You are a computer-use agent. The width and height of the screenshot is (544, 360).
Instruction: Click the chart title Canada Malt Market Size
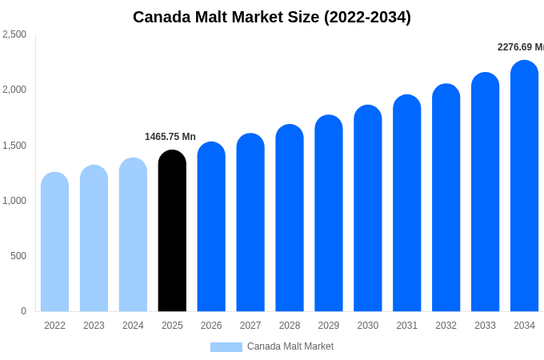coord(272,17)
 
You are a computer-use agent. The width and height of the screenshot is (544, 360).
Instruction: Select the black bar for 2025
coord(172,232)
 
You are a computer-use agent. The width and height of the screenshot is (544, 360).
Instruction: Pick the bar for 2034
coord(524,188)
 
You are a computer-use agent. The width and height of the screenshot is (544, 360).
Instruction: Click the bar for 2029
coord(328,214)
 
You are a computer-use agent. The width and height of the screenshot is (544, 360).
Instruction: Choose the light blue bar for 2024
coord(133,236)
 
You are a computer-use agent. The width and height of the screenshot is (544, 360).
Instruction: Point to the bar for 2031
coord(406,204)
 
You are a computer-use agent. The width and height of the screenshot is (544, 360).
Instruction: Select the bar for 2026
coord(211,228)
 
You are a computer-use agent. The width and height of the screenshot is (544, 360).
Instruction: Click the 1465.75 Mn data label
coord(170,137)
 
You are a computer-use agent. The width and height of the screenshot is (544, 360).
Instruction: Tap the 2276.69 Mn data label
coord(521,47)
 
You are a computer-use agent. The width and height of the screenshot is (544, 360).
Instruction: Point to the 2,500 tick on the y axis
coord(14,34)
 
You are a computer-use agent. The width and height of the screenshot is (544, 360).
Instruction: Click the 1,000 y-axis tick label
coord(14,201)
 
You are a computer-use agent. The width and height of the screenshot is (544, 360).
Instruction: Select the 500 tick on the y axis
coord(18,256)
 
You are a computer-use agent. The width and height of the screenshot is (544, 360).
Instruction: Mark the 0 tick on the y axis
coord(23,311)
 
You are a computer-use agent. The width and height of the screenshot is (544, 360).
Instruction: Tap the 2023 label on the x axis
coord(94,326)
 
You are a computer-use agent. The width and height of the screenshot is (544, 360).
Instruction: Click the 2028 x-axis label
coord(290,326)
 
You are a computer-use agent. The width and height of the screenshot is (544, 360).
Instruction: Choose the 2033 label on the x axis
coord(485,326)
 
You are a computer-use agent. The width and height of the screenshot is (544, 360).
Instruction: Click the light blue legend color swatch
coord(226,347)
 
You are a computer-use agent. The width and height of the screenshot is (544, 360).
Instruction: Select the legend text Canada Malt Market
coord(290,346)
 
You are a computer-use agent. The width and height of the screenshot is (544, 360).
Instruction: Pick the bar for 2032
coord(446,198)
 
